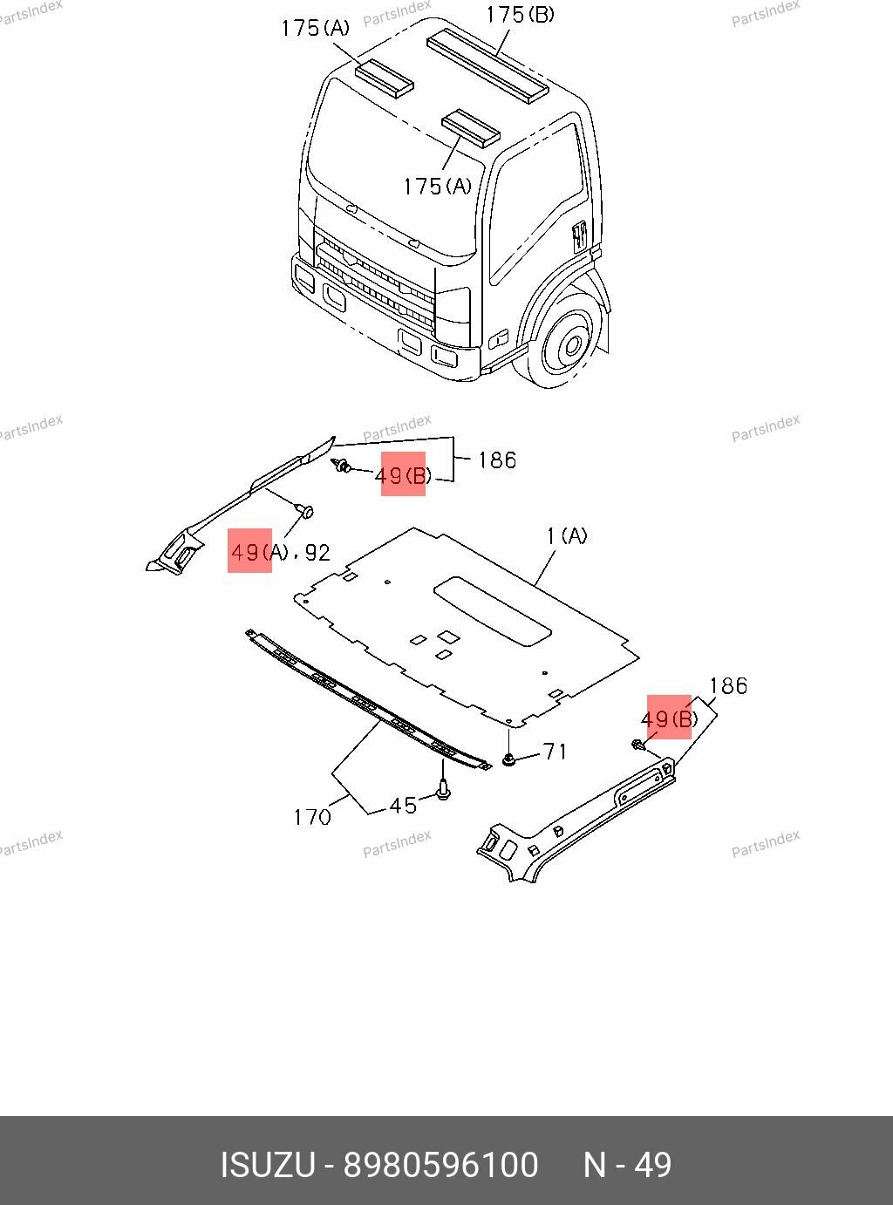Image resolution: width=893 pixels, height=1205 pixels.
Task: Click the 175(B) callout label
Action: pos(520,15)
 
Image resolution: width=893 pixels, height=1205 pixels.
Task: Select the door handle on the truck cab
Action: pos(577,236)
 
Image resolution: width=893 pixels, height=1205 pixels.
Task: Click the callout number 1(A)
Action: pos(567,536)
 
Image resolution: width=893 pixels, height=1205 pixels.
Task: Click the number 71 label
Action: pos(556,751)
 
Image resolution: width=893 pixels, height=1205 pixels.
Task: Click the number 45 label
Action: pos(403,806)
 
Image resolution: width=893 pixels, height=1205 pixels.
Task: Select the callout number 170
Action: pos(312,817)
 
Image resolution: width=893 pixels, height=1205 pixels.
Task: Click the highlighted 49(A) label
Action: pos(250,551)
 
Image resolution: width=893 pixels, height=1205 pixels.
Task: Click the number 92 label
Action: pos(317,552)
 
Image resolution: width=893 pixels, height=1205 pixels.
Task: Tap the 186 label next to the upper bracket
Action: pos(497,460)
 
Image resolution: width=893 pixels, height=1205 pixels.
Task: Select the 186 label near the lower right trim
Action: pos(728,686)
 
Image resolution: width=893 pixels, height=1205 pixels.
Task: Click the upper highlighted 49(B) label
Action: pos(403,475)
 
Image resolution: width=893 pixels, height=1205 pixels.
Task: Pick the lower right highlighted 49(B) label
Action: pos(669,718)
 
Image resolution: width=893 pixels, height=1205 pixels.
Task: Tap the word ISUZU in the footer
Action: pos(267,1165)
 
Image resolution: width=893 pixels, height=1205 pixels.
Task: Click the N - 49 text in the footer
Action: pos(627,1165)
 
